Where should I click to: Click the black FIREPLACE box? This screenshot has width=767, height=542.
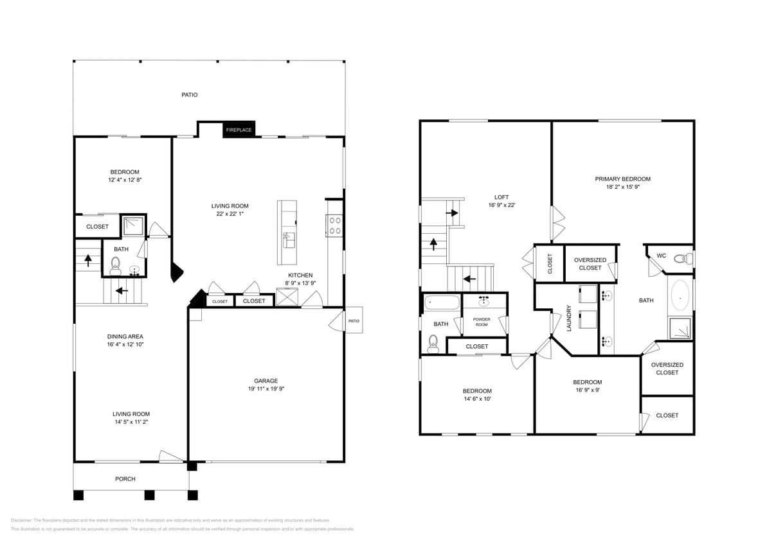tap(239, 130)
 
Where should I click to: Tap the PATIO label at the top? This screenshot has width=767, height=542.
tap(189, 94)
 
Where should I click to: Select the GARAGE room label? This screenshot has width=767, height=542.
tap(266, 381)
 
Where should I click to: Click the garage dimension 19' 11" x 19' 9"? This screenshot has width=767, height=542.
tap(266, 389)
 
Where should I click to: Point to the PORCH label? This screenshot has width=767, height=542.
tap(125, 478)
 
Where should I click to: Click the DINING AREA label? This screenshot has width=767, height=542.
tap(125, 337)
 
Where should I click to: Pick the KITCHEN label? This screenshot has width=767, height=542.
tap(300, 275)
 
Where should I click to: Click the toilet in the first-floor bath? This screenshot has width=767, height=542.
tap(116, 263)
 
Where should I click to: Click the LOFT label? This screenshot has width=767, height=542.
tap(501, 197)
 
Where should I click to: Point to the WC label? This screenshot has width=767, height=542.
tap(661, 256)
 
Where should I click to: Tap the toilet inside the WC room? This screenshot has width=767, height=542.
tap(682, 259)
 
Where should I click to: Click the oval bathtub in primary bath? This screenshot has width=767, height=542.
tap(680, 298)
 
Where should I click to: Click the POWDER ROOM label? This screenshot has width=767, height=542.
tap(482, 322)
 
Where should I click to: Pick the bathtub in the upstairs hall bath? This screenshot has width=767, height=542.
tap(441, 302)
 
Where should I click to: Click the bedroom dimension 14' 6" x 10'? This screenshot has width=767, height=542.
tap(477, 399)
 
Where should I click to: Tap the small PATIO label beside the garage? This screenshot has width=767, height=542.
tap(354, 321)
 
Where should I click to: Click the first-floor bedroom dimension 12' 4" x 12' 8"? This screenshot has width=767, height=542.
tap(124, 180)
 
